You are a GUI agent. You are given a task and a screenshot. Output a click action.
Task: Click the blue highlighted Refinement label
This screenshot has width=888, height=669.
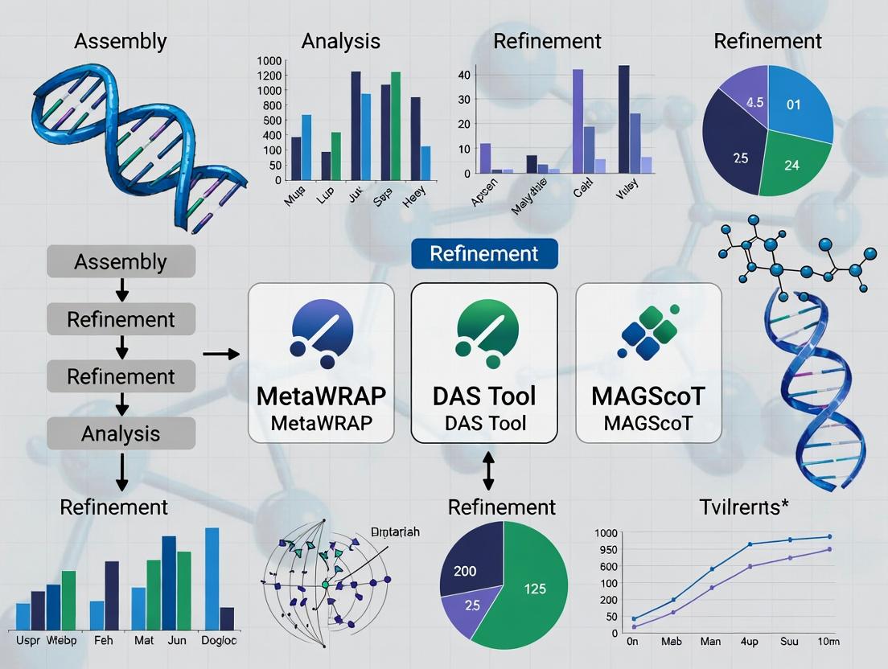click(484, 253)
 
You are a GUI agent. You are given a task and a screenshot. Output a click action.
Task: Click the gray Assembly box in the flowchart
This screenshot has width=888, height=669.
click(121, 261)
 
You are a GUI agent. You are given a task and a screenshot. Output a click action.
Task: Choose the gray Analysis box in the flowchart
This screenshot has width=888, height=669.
click(121, 433)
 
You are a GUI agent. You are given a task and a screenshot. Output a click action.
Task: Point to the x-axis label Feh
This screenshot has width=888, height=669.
click(103, 641)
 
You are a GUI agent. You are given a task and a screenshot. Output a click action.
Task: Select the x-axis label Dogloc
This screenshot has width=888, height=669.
click(219, 641)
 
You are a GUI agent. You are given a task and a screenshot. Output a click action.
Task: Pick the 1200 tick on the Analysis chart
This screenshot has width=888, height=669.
click(269, 75)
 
